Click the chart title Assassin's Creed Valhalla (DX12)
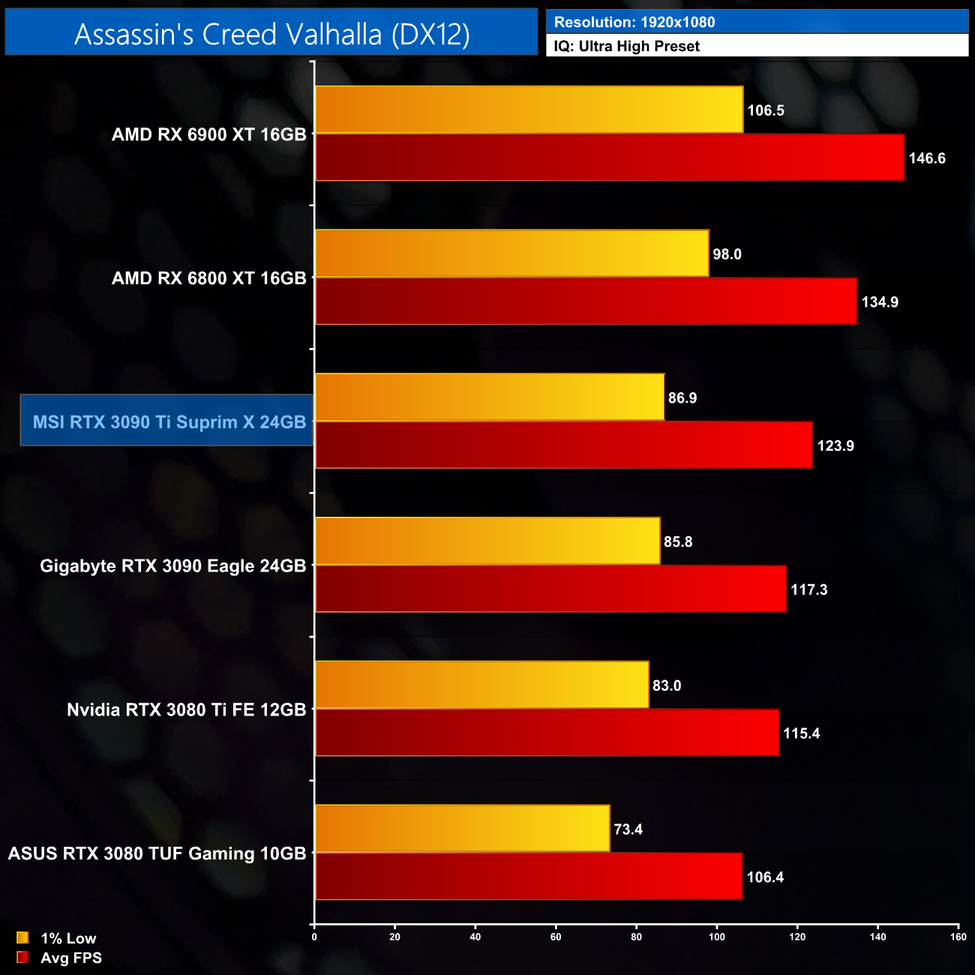[271, 34]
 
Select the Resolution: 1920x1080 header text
[634, 22]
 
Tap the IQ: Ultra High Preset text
[626, 46]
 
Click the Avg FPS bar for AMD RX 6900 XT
[609, 157]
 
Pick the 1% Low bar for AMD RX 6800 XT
[511, 253]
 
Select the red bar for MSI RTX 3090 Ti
[563, 445]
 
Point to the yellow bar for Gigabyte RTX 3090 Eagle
[487, 541]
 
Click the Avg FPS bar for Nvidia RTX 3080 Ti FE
[546, 733]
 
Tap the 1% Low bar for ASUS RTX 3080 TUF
[462, 829]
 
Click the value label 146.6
[927, 158]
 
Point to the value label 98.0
[727, 254]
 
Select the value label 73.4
[628, 829]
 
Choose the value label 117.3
[808, 589]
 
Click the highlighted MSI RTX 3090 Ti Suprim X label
[169, 421]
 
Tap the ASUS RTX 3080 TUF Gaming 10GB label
[157, 853]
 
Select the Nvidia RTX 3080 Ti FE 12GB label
[186, 709]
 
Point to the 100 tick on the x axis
[716, 937]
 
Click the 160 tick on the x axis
[958, 937]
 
